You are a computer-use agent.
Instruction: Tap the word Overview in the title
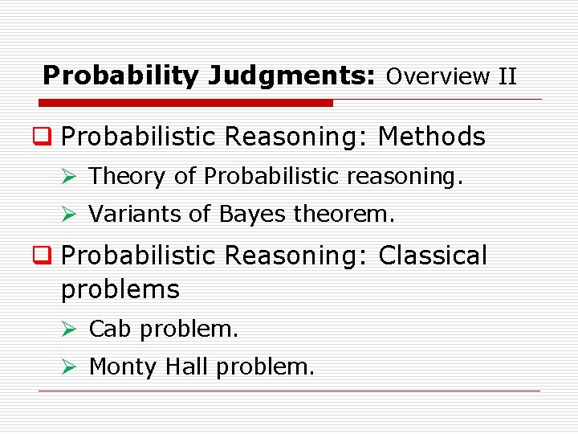(438, 77)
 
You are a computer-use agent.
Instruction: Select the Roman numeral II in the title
(507, 77)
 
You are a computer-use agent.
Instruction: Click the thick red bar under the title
(185, 103)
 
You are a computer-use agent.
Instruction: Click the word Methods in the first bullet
(431, 137)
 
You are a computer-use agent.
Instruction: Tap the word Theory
(127, 176)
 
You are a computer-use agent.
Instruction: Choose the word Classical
(433, 256)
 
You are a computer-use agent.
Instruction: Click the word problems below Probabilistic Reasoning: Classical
(120, 289)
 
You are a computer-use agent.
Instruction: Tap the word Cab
(107, 329)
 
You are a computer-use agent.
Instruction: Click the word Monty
(123, 367)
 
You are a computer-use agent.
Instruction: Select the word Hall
(187, 366)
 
